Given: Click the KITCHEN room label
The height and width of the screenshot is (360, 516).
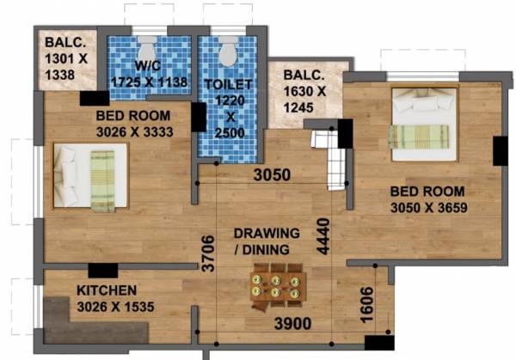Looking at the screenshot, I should [107, 290].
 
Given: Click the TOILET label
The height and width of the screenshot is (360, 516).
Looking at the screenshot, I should [227, 84].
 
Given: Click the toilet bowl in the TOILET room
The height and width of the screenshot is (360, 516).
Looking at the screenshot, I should [228, 53].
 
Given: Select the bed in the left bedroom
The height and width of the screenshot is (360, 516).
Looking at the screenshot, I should [90, 177].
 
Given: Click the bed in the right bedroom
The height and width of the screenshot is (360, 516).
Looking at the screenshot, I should [421, 123].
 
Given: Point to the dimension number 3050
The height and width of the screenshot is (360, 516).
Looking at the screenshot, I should [273, 175].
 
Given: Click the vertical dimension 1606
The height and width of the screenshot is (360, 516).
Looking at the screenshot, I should [366, 307].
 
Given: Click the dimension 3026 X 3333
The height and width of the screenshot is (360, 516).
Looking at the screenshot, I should [133, 131].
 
